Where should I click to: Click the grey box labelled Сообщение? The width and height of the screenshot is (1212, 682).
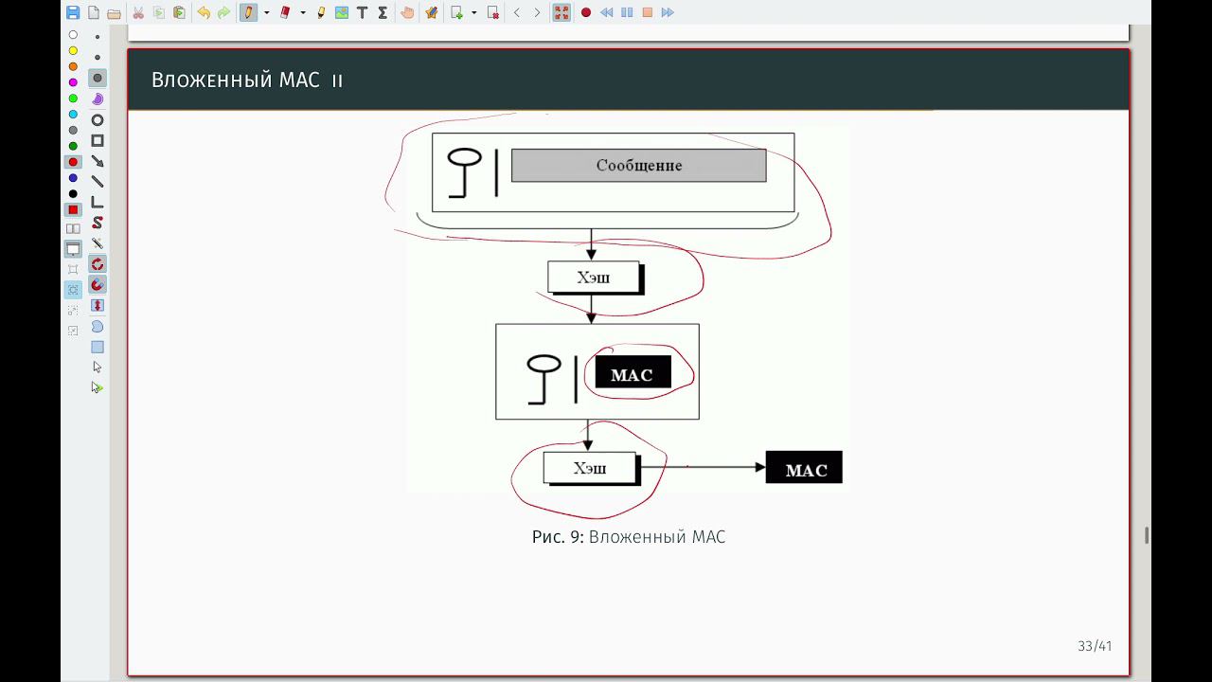tap(638, 165)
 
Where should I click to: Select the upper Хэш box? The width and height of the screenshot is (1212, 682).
tap(594, 277)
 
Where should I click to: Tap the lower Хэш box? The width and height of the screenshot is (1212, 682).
tap(589, 468)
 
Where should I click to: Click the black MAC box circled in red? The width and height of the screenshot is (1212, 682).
tap(632, 373)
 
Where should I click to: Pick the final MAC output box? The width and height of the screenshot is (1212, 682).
tap(804, 469)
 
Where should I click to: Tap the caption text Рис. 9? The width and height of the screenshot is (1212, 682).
tap(559, 537)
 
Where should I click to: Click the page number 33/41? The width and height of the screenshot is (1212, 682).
tap(1095, 646)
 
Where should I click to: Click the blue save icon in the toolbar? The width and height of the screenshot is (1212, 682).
tap(73, 12)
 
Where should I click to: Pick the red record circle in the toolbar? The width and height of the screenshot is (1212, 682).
tap(586, 12)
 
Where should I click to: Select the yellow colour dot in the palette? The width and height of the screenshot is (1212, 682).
tap(73, 50)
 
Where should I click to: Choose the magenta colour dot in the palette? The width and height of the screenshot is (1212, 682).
tap(73, 82)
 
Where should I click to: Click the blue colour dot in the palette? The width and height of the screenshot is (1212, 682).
tap(73, 178)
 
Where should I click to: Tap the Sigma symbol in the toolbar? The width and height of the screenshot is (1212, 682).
tap(383, 12)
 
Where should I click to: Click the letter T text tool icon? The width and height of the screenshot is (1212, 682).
tap(362, 12)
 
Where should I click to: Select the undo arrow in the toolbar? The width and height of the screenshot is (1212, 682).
tap(203, 12)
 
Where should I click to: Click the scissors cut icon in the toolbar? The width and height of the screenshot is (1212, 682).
tap(138, 12)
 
